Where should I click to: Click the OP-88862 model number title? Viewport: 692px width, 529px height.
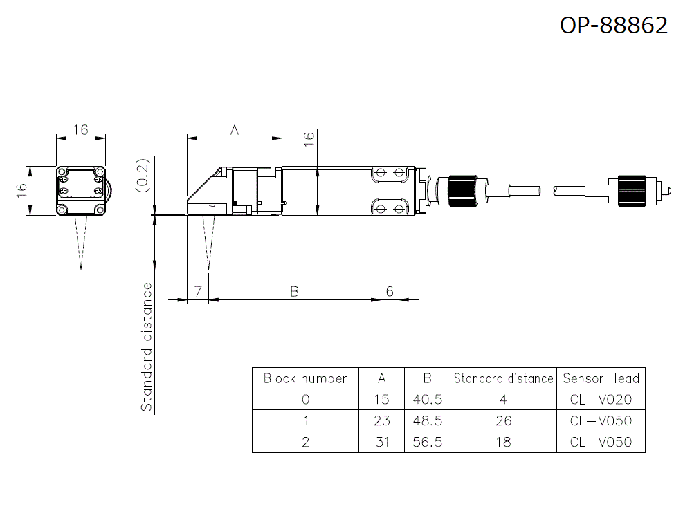(x=613, y=25)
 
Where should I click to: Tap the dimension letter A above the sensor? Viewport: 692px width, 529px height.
(x=235, y=129)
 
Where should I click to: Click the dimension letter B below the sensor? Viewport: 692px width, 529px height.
(x=294, y=292)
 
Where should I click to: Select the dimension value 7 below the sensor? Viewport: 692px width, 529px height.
(x=198, y=292)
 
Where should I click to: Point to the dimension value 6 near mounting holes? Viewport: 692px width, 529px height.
(x=390, y=292)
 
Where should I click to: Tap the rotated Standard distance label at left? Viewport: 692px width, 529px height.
(x=147, y=347)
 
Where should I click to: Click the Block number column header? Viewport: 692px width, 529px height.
(x=305, y=378)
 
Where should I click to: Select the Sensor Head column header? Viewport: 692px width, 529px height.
(x=601, y=378)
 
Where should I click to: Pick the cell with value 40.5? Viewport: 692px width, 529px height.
(x=427, y=400)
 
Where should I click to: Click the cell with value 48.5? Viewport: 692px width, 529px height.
(x=427, y=420)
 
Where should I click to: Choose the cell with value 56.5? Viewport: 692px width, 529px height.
(x=427, y=442)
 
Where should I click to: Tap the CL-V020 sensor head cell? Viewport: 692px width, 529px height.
(x=601, y=400)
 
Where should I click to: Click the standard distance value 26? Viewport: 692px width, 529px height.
(x=503, y=420)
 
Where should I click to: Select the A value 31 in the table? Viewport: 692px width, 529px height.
(x=381, y=442)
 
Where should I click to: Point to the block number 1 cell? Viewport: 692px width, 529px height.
(x=305, y=420)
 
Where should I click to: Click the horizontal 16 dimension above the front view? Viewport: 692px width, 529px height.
(x=81, y=129)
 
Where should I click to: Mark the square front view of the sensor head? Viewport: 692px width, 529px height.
(x=81, y=190)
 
